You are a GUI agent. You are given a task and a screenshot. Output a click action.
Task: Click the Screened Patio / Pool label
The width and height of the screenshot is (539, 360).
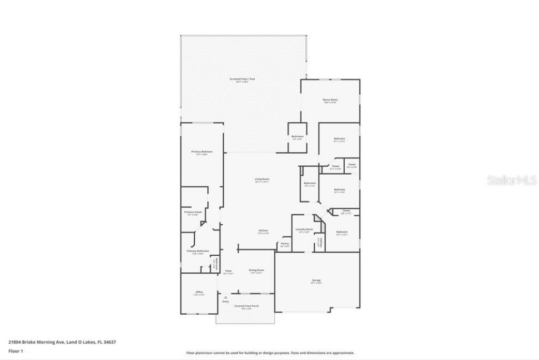(242, 79)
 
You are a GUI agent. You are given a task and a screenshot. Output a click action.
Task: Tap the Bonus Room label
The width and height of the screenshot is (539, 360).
(330, 99)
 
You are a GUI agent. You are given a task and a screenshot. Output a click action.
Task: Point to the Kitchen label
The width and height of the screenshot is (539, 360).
(264, 231)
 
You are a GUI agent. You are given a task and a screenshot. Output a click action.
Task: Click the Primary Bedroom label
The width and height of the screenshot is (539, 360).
(202, 152)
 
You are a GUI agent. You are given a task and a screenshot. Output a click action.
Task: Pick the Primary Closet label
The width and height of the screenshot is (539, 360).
(193, 212)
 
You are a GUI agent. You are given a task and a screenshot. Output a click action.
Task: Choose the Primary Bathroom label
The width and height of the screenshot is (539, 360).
(198, 251)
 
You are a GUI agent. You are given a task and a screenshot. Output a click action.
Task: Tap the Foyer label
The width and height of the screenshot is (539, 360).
(228, 271)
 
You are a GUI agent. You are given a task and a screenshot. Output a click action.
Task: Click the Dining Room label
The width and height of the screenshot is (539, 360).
(256, 271)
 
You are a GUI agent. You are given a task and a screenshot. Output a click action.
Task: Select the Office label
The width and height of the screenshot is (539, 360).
(199, 292)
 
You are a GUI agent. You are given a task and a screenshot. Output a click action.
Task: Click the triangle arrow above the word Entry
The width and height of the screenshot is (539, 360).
(226, 297)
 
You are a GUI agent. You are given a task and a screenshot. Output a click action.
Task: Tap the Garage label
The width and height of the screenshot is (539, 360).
(316, 280)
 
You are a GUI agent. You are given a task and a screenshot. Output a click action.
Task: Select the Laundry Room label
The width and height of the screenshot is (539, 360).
(304, 229)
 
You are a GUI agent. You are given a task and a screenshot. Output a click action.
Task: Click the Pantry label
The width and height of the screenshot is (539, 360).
(284, 244)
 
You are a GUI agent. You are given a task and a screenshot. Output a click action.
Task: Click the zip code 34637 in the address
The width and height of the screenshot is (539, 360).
(109, 342)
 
